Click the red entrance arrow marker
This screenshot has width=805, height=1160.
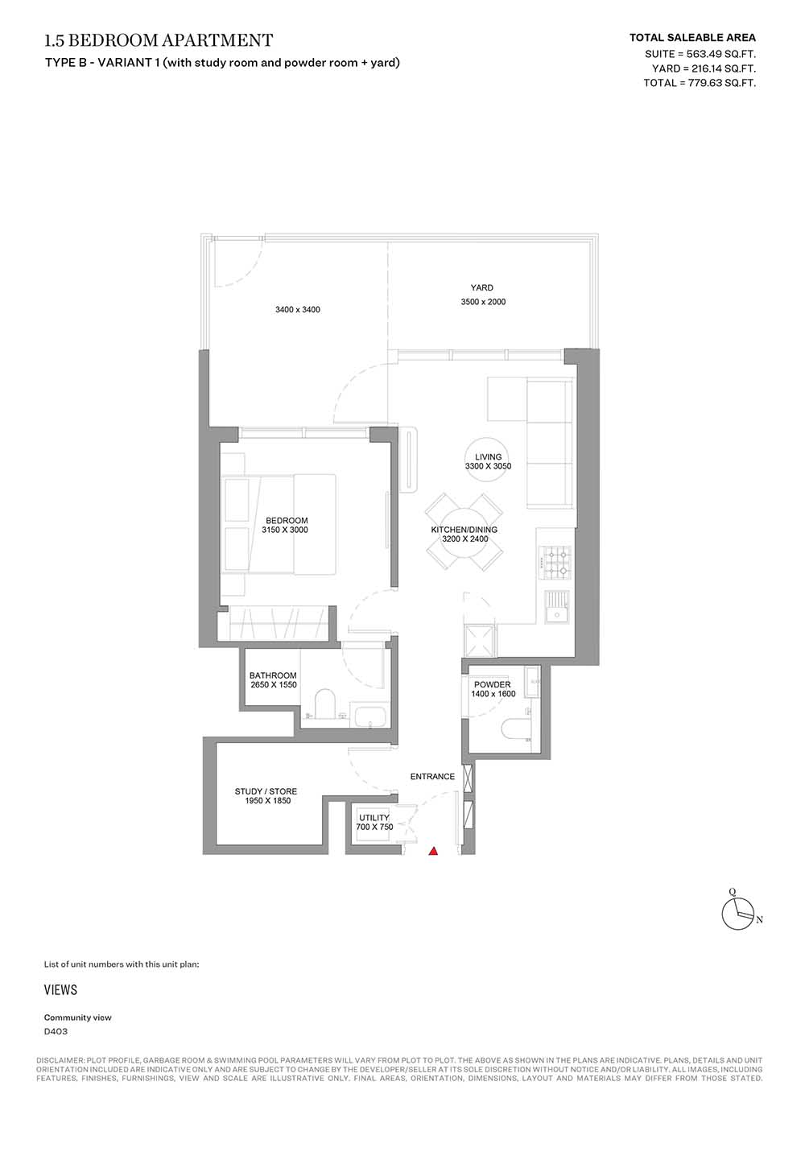(x=433, y=850)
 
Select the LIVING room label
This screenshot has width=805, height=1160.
(x=488, y=456)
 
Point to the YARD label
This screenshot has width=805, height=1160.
(x=481, y=287)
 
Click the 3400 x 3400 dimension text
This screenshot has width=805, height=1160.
(x=297, y=310)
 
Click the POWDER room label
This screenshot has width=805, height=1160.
(x=492, y=684)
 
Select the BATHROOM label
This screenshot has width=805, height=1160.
(x=273, y=675)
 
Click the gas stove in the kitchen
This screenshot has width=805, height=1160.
(x=555, y=563)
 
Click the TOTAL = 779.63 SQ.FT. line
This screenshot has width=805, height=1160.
(x=700, y=83)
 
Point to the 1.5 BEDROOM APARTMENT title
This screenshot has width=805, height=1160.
(x=159, y=40)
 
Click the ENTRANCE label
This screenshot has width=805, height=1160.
(x=432, y=776)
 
